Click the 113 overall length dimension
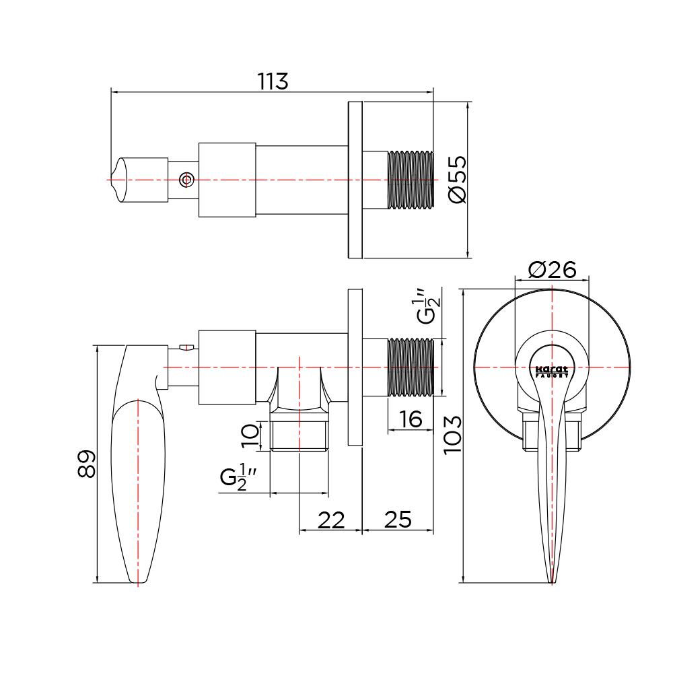pyautogui.click(x=273, y=81)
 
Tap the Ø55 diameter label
pyautogui.click(x=457, y=179)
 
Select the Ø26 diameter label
pyautogui.click(x=553, y=270)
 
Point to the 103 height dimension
pyautogui.click(x=452, y=435)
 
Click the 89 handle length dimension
pyautogui.click(x=86, y=464)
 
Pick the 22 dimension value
pyautogui.click(x=331, y=520)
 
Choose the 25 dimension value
pyautogui.click(x=398, y=520)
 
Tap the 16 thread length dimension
pyautogui.click(x=410, y=419)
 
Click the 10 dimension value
pyautogui.click(x=250, y=436)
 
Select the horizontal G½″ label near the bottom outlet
pyautogui.click(x=239, y=477)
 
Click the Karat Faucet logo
pyautogui.click(x=552, y=371)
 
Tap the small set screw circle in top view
pyautogui.click(x=186, y=180)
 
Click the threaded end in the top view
pyautogui.click(x=411, y=180)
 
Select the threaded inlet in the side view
pyautogui.click(x=411, y=367)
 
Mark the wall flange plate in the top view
pyautogui.click(x=355, y=180)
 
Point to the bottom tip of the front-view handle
pyautogui.click(x=552, y=583)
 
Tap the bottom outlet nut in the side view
pyautogui.click(x=299, y=436)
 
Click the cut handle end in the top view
pyautogui.click(x=120, y=180)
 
